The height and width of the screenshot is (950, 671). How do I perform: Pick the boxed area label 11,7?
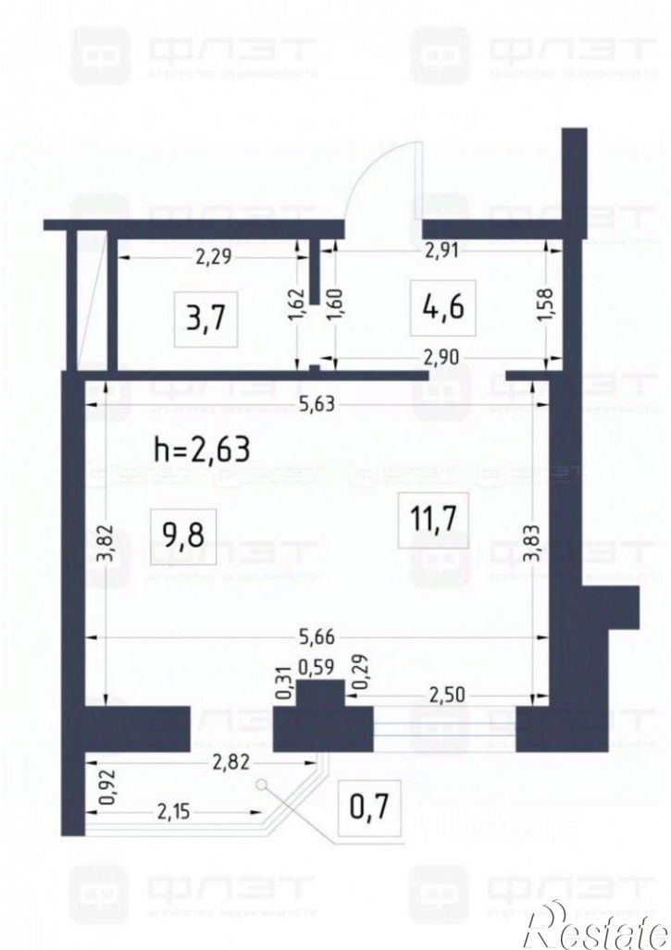[432, 520]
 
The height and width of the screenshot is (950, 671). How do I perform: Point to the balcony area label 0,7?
[368, 807]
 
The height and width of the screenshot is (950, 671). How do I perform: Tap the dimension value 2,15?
[176, 814]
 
